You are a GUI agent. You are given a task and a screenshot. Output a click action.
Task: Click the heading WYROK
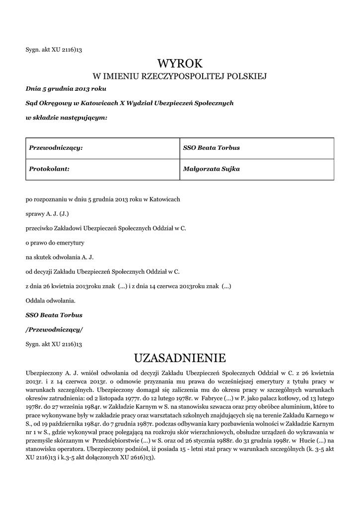click(180, 63)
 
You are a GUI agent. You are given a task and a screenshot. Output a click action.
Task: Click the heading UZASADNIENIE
click(180, 357)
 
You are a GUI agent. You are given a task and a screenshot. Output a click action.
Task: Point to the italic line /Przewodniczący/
click(54, 329)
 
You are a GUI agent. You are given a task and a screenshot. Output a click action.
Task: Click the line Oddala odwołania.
click(50, 300)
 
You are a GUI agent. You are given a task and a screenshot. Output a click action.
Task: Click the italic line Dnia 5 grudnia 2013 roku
click(66, 89)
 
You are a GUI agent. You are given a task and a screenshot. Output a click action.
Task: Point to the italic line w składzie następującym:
click(66, 118)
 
